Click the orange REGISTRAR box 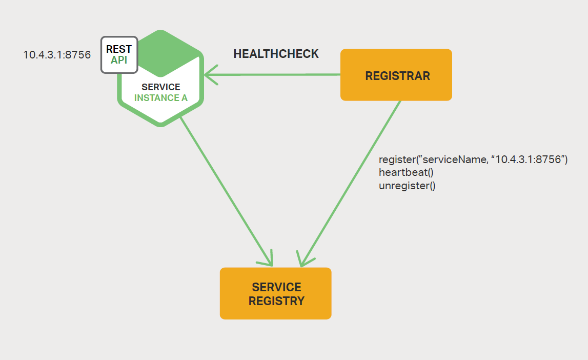(396, 75)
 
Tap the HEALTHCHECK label (276, 54)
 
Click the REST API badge (119, 54)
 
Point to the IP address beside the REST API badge (57, 54)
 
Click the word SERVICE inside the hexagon (161, 87)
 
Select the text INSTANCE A (161, 98)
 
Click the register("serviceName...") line (473, 159)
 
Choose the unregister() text (407, 185)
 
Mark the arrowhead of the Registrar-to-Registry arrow (303, 262)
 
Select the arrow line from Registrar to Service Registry (351, 182)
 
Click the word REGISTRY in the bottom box (276, 301)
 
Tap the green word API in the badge (119, 61)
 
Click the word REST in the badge (119, 49)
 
